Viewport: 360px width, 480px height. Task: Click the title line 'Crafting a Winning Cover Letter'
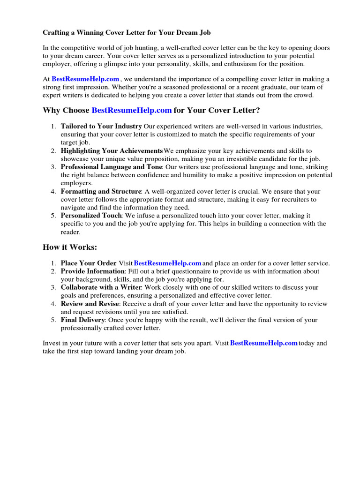tap(127, 33)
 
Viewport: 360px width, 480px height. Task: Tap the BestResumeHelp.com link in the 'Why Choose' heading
tap(132, 110)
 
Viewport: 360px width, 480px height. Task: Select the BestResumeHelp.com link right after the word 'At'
tap(85, 79)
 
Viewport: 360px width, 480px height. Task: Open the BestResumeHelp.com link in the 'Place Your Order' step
tap(167, 263)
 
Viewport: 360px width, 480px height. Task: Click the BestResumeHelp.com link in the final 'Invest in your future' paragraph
tap(264, 343)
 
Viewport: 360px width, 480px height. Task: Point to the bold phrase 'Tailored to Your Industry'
tap(101, 126)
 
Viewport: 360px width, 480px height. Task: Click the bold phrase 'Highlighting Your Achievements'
tap(112, 150)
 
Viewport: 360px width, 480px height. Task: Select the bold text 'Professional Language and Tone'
tap(111, 167)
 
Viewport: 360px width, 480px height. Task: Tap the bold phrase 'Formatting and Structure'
tap(101, 191)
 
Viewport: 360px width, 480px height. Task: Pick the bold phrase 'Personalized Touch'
tap(91, 215)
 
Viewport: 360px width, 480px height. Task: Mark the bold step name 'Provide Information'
tap(92, 271)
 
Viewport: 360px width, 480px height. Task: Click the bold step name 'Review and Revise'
tap(90, 304)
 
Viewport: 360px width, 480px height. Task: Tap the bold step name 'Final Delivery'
tap(82, 320)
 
